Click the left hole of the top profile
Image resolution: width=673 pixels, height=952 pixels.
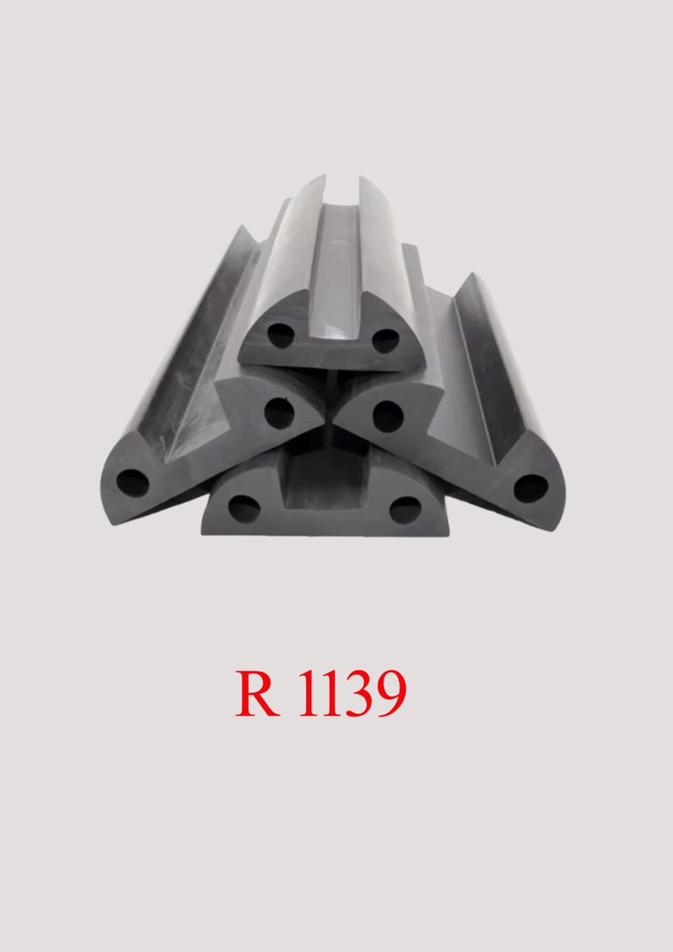tap(277, 334)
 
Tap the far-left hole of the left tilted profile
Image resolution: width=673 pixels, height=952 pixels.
tap(133, 482)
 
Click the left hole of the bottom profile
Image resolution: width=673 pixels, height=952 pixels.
tap(241, 507)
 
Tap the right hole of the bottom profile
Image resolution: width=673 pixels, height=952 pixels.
tap(404, 511)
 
